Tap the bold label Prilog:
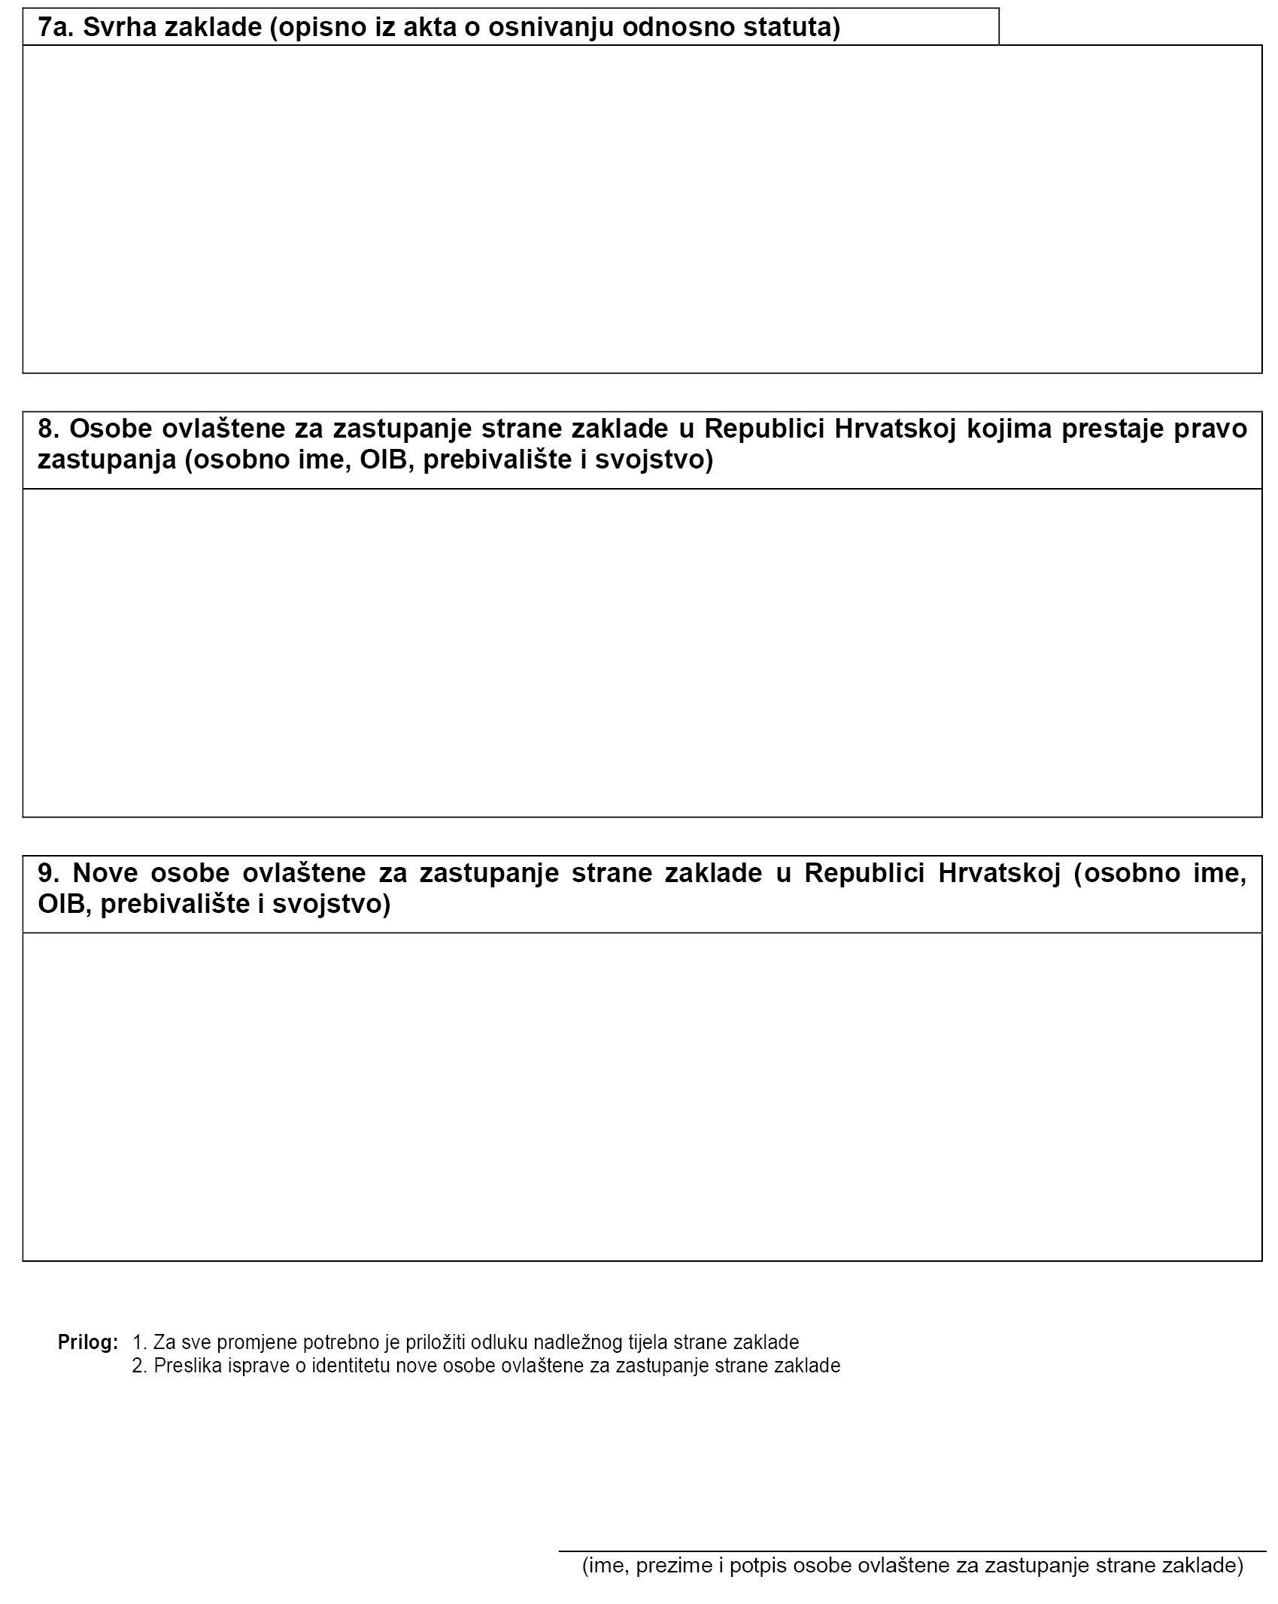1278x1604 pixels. tap(88, 1342)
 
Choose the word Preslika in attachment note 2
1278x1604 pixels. tap(184, 1366)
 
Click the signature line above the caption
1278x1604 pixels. tap(912, 1551)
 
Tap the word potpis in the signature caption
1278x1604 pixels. tap(759, 1567)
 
